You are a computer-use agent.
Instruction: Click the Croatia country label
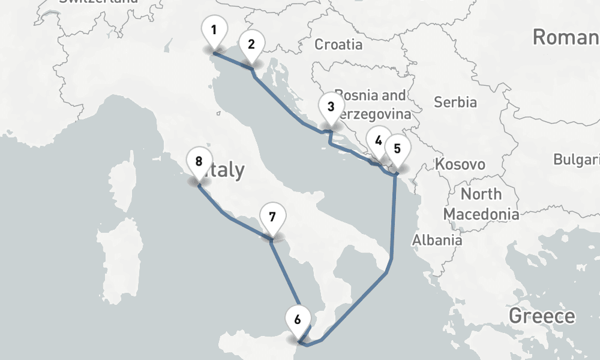(338, 44)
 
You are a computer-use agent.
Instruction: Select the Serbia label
(455, 102)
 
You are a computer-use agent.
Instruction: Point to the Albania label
(437, 240)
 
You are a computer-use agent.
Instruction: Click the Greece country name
(542, 316)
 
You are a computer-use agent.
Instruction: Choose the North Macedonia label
(481, 204)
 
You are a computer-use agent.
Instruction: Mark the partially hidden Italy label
(226, 170)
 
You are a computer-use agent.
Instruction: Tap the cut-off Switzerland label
(99, 2)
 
